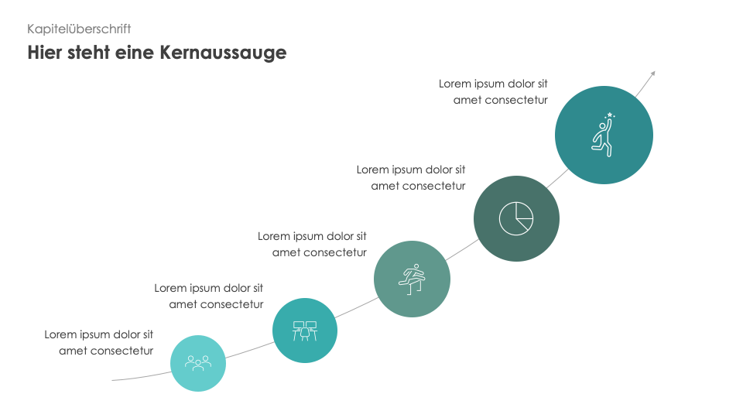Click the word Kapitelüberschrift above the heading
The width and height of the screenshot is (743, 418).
(x=79, y=29)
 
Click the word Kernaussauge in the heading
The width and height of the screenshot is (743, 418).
(x=223, y=53)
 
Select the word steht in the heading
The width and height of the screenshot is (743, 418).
(x=89, y=52)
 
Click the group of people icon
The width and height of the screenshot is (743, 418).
(x=198, y=364)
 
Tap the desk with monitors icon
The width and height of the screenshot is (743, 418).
(x=305, y=331)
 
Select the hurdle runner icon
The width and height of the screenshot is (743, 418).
(x=412, y=279)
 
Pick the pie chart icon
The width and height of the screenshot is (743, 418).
(x=516, y=218)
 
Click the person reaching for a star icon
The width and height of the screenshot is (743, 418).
(x=603, y=135)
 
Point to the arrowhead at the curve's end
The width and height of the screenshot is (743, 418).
(x=653, y=74)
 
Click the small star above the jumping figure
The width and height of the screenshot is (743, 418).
(x=610, y=115)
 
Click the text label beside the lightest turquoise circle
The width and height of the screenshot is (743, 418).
(x=98, y=343)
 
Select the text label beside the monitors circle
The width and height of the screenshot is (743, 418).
(x=208, y=296)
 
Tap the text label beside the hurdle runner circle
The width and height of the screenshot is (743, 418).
(x=312, y=245)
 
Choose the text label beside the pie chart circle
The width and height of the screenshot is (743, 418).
(x=411, y=178)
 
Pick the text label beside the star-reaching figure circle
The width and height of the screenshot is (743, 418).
(x=493, y=92)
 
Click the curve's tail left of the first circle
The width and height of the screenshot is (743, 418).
(x=141, y=377)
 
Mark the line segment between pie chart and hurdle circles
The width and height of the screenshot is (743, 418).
(x=462, y=250)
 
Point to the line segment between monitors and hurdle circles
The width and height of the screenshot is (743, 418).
(x=357, y=307)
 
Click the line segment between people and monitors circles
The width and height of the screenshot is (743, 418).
(x=250, y=350)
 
